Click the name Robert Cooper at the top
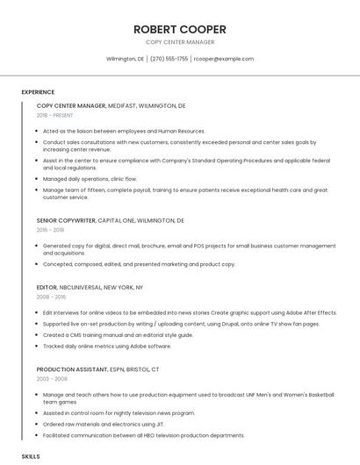click(x=179, y=29)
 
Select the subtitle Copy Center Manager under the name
click(x=179, y=42)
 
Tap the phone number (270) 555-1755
click(x=169, y=59)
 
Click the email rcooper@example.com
click(x=224, y=59)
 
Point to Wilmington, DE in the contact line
click(x=125, y=59)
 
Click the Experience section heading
click(x=38, y=92)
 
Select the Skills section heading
click(x=31, y=457)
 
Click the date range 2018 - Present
click(x=55, y=115)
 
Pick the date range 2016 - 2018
click(x=50, y=230)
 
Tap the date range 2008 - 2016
click(x=51, y=297)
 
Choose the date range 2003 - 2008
click(x=51, y=379)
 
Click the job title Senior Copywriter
click(x=66, y=220)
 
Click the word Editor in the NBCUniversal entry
click(x=47, y=287)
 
